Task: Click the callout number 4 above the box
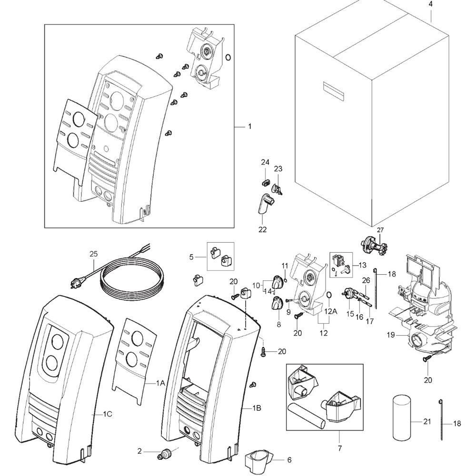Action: pos(430,5)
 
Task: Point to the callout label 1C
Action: pos(107,414)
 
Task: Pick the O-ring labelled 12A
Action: pos(329,297)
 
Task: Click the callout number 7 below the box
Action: pos(340,448)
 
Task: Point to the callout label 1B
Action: pos(257,408)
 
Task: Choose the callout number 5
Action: pos(191,257)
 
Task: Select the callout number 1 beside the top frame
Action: pos(250,127)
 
